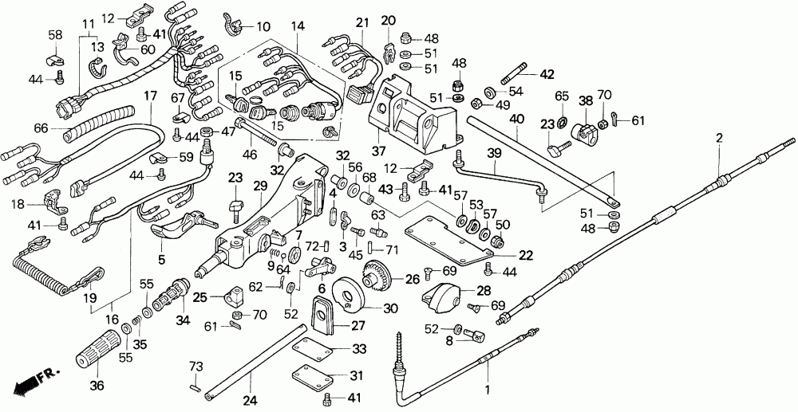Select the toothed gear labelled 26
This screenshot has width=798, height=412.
[377, 275]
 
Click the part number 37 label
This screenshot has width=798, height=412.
[378, 151]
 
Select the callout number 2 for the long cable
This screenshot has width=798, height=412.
[719, 137]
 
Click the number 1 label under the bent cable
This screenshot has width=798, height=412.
[488, 391]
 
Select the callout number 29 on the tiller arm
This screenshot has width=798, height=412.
[260, 186]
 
